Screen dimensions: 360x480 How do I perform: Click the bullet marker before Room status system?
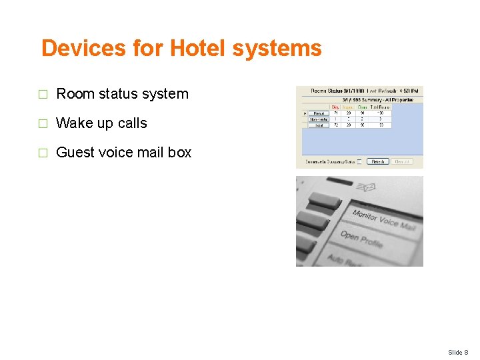coord(43,95)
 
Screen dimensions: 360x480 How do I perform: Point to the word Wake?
coord(75,123)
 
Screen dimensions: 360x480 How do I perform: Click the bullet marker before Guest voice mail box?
coord(43,153)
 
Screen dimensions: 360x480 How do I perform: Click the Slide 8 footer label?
coord(457,352)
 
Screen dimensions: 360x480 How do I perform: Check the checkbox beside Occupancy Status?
coord(360,161)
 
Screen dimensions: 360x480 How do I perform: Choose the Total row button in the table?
coord(317,125)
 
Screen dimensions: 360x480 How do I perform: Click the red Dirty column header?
coord(335,107)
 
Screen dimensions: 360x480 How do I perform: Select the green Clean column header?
coord(362,107)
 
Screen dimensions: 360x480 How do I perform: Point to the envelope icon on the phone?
coord(366,187)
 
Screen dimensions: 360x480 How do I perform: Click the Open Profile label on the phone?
coord(361,238)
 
